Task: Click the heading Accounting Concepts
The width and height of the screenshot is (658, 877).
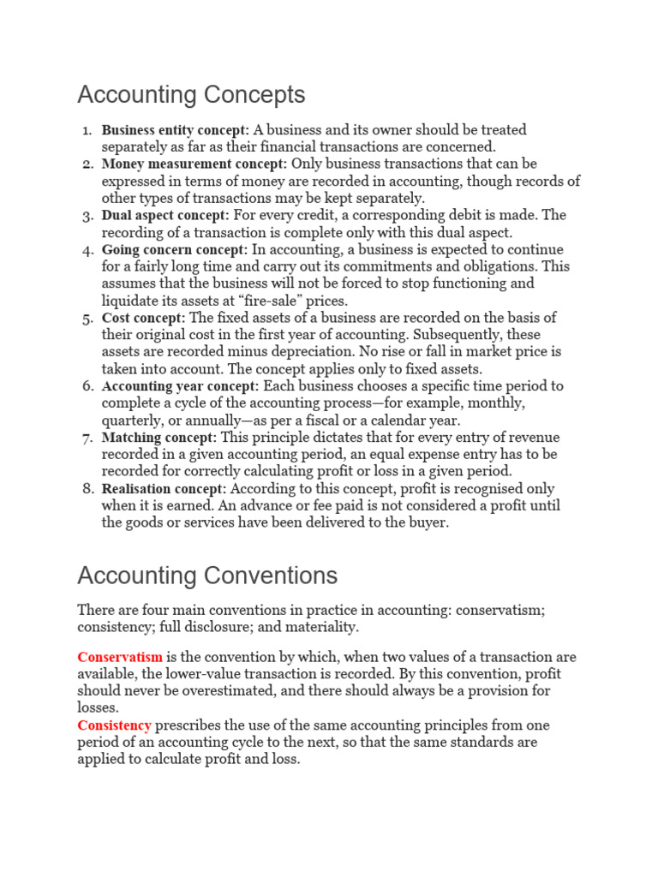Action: pyautogui.click(x=191, y=93)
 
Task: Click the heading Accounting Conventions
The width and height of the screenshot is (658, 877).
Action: pyautogui.click(x=207, y=575)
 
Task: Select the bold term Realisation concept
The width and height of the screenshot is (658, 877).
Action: pyautogui.click(x=164, y=488)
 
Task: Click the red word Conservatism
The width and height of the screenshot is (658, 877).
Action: pyautogui.click(x=120, y=657)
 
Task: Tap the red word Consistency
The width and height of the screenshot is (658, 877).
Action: pyautogui.click(x=114, y=725)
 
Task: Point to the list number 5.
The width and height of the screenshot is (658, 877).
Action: pyautogui.click(x=87, y=318)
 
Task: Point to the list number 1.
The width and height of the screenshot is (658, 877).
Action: pyautogui.click(x=87, y=130)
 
